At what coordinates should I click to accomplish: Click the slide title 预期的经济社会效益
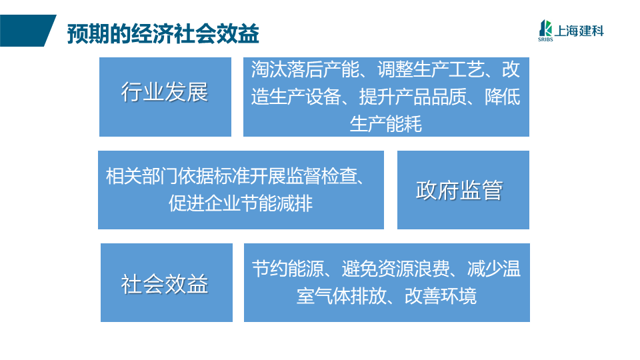point(163,34)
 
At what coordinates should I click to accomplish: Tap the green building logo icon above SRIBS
point(545,28)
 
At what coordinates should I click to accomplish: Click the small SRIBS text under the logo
point(545,39)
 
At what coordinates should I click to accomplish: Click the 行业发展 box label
point(165,92)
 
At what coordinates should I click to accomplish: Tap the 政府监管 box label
point(459,190)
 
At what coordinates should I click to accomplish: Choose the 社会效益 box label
point(165,284)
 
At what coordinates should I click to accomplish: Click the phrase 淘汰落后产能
point(305,69)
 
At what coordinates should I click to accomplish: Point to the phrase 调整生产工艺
point(431,69)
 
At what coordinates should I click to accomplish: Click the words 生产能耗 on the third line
point(386,124)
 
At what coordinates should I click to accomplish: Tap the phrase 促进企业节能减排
point(241,203)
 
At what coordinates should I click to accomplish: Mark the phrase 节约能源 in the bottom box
point(288,269)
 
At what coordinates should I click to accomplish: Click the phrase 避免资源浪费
point(395,269)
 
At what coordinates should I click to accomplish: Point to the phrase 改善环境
point(441,296)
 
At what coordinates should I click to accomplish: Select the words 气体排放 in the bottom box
point(351,296)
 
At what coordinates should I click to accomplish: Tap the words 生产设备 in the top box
point(305,97)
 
